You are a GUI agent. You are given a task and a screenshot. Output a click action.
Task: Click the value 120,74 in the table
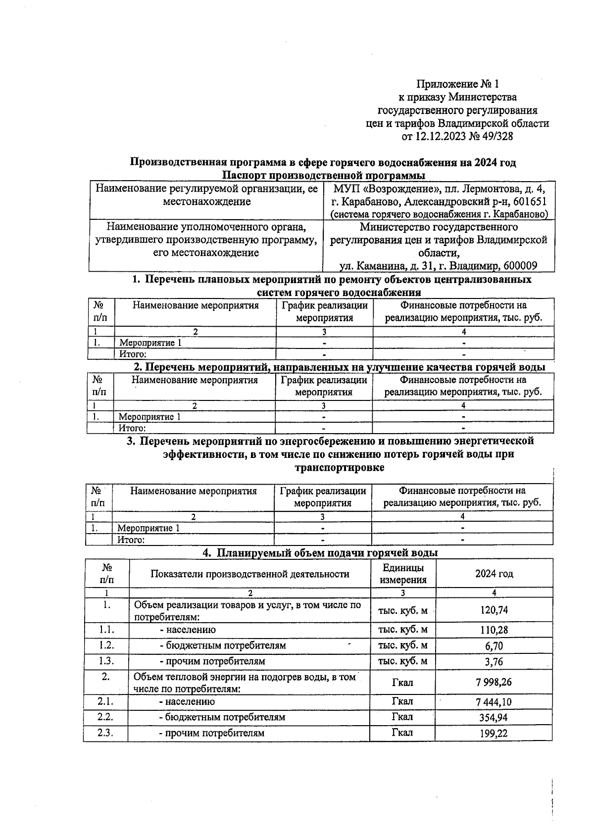pyautogui.click(x=494, y=610)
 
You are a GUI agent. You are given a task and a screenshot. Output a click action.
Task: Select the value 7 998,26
pyautogui.click(x=494, y=682)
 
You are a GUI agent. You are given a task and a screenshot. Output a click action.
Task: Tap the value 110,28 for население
pyautogui.click(x=494, y=630)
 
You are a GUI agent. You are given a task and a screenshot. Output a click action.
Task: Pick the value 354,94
pyautogui.click(x=494, y=717)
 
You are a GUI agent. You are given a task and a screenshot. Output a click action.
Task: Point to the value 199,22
pyautogui.click(x=494, y=734)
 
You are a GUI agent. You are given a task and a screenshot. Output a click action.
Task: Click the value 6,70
pyautogui.click(x=494, y=646)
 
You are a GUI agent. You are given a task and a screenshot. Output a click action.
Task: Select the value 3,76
pyautogui.click(x=494, y=662)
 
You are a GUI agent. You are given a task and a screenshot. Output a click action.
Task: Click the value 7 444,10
pyautogui.click(x=494, y=701)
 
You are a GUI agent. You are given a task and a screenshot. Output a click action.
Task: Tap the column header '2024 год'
pyautogui.click(x=494, y=574)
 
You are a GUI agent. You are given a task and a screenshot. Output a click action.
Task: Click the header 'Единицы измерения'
pyautogui.click(x=403, y=574)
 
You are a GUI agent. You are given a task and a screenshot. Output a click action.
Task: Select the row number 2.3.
pyautogui.click(x=105, y=733)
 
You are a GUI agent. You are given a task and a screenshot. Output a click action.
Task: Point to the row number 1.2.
pyautogui.click(x=106, y=645)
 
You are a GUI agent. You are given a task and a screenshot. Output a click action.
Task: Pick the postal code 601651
pyautogui.click(x=529, y=202)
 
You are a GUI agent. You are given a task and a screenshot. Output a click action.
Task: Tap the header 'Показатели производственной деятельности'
pyautogui.click(x=250, y=574)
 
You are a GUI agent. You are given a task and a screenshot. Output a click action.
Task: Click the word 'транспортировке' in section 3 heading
pyautogui.click(x=339, y=467)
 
